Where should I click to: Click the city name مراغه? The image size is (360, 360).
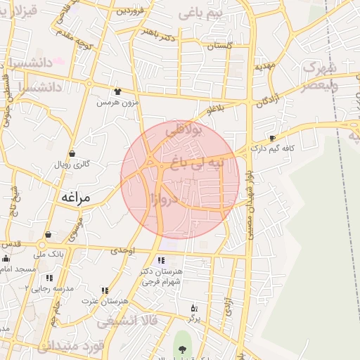(75, 198)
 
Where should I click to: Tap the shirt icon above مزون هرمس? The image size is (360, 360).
(117, 91)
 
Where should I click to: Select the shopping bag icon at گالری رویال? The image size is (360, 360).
(72, 153)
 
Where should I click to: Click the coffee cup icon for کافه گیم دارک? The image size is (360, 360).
(272, 138)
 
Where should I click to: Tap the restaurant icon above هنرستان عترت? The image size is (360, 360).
(105, 290)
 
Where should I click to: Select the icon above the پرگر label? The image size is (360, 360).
(195, 308)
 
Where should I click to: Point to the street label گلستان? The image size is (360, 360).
(219, 45)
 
